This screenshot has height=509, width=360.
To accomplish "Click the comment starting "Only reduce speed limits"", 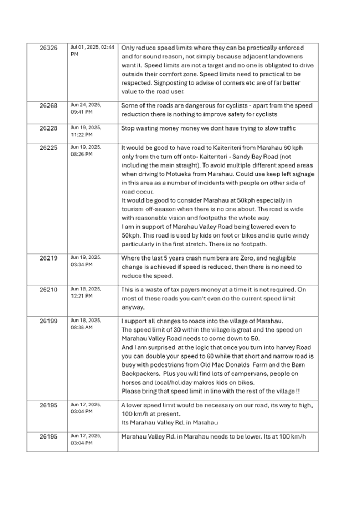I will tap(217, 69).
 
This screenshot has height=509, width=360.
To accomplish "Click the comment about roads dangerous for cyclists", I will tap(217, 109).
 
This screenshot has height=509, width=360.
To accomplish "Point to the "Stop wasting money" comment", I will tap(208, 127).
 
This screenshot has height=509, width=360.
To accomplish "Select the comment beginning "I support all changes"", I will tap(217, 355).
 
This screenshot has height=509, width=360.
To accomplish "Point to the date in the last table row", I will tap(82, 439).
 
